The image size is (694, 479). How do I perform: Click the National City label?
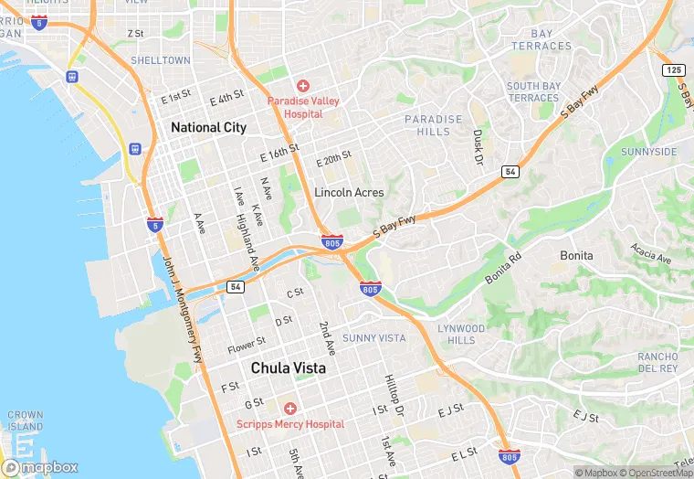[208, 127]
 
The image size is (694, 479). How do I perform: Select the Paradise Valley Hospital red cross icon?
[302, 85]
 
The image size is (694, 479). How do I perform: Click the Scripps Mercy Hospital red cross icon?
[290, 408]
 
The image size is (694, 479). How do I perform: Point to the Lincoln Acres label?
[348, 193]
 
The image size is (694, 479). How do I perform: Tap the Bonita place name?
[576, 256]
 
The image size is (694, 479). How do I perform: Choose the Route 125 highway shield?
[674, 70]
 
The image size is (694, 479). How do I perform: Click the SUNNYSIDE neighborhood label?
[649, 151]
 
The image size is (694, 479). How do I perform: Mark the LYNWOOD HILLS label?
[461, 334]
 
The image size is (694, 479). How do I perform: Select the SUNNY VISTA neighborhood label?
[373, 338]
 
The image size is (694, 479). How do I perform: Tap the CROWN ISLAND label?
[25, 420]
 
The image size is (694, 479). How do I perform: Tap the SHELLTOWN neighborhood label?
[160, 60]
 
